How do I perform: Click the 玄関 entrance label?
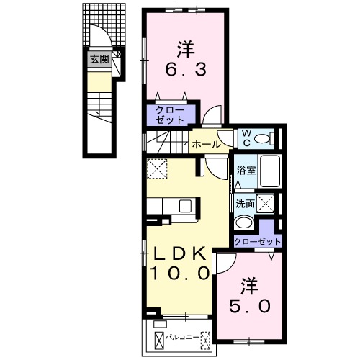pyautogui.click(x=99, y=59)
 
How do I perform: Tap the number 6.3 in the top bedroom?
pyautogui.click(x=186, y=70)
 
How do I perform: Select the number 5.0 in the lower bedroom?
pyautogui.click(x=250, y=306)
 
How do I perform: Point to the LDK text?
pyautogui.click(x=180, y=254)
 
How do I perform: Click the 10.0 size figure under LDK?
pyautogui.click(x=180, y=274)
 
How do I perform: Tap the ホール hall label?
pyautogui.click(x=207, y=145)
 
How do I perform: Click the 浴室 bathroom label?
pyautogui.click(x=246, y=171)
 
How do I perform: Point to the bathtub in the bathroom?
pyautogui.click(x=270, y=171)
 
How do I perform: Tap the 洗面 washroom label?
pyautogui.click(x=245, y=204)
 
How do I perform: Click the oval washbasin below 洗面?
pyautogui.click(x=244, y=222)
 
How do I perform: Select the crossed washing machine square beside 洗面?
pyautogui.click(x=266, y=204)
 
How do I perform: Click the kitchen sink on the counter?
pyautogui.click(x=186, y=206)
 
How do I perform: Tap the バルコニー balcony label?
pyautogui.click(x=182, y=338)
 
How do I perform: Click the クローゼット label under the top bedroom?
pyautogui.click(x=170, y=114)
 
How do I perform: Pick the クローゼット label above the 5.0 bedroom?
pyautogui.click(x=257, y=242)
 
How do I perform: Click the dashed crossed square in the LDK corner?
pyautogui.click(x=157, y=168)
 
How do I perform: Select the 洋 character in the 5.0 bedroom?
pyautogui.click(x=250, y=287)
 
